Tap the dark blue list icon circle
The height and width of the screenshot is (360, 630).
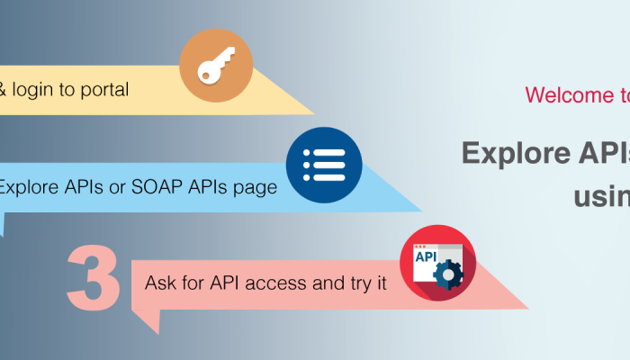(324, 166)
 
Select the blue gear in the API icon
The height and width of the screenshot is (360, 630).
(446, 274)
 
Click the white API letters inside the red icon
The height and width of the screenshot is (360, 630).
(424, 256)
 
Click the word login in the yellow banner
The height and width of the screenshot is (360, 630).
(34, 90)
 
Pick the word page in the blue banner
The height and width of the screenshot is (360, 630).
(256, 188)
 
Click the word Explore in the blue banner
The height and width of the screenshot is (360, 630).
(26, 188)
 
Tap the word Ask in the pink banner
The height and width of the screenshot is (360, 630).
(161, 283)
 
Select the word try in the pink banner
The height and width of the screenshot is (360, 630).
(355, 283)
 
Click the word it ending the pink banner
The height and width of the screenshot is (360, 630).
(381, 283)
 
